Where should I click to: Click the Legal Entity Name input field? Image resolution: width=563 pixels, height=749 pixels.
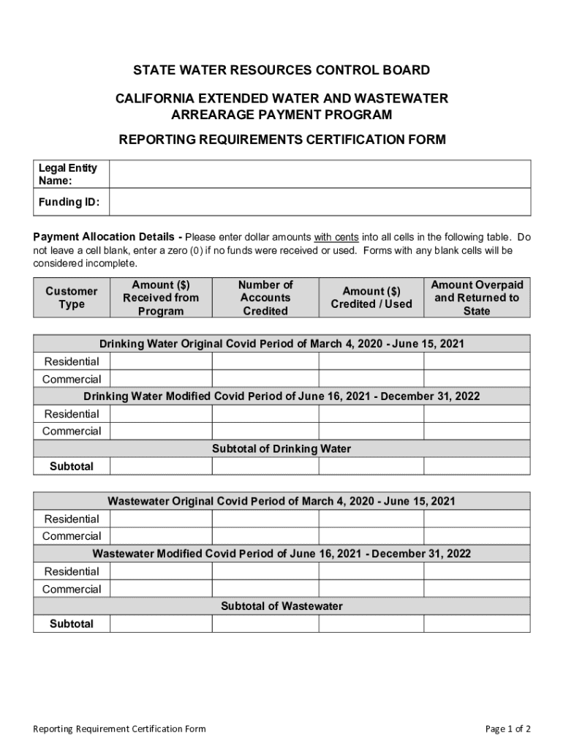[320, 174]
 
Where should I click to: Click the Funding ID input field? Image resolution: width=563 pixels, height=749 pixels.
[320, 202]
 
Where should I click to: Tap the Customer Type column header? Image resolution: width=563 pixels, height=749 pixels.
[71, 298]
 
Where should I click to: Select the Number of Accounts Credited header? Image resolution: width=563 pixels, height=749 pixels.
[265, 298]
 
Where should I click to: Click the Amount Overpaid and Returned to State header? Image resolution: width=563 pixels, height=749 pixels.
[477, 298]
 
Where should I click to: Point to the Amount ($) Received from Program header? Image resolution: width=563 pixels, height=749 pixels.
[161, 298]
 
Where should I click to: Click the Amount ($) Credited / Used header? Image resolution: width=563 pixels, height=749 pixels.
[371, 298]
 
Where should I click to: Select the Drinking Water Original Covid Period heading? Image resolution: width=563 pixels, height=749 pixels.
[281, 344]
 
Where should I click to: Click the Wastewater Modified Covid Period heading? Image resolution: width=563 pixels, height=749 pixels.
[281, 554]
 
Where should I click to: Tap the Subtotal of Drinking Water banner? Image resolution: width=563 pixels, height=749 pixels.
[281, 448]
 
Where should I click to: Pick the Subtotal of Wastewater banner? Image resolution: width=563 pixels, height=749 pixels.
[281, 606]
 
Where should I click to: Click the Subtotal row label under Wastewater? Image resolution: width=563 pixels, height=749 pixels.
[72, 624]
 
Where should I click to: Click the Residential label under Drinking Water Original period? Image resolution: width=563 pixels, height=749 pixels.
[72, 361]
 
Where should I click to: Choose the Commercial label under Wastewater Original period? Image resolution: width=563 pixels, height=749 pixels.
[72, 536]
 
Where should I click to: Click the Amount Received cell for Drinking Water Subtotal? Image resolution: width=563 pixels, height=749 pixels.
[161, 466]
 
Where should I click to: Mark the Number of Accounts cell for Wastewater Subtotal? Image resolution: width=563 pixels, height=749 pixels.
[265, 624]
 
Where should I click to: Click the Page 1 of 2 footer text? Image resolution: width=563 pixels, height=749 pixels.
[508, 729]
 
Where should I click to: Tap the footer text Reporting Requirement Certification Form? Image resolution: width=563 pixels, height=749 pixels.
[120, 729]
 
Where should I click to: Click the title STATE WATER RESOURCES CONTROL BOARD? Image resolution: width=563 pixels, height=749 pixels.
[281, 70]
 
